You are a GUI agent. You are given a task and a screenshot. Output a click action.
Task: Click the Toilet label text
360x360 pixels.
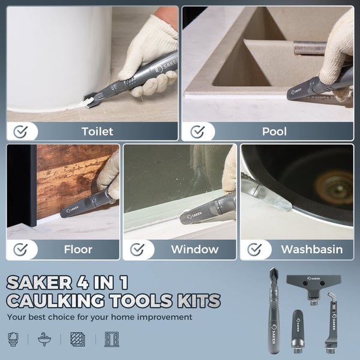click(97, 131)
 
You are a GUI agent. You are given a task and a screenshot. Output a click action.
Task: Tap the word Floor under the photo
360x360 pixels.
click(78, 249)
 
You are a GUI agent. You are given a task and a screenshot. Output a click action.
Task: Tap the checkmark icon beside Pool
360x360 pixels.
click(197, 131)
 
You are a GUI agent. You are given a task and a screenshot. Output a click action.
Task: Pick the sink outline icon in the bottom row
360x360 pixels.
click(44, 339)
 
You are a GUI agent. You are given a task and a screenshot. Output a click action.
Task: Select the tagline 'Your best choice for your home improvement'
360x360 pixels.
click(100, 317)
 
